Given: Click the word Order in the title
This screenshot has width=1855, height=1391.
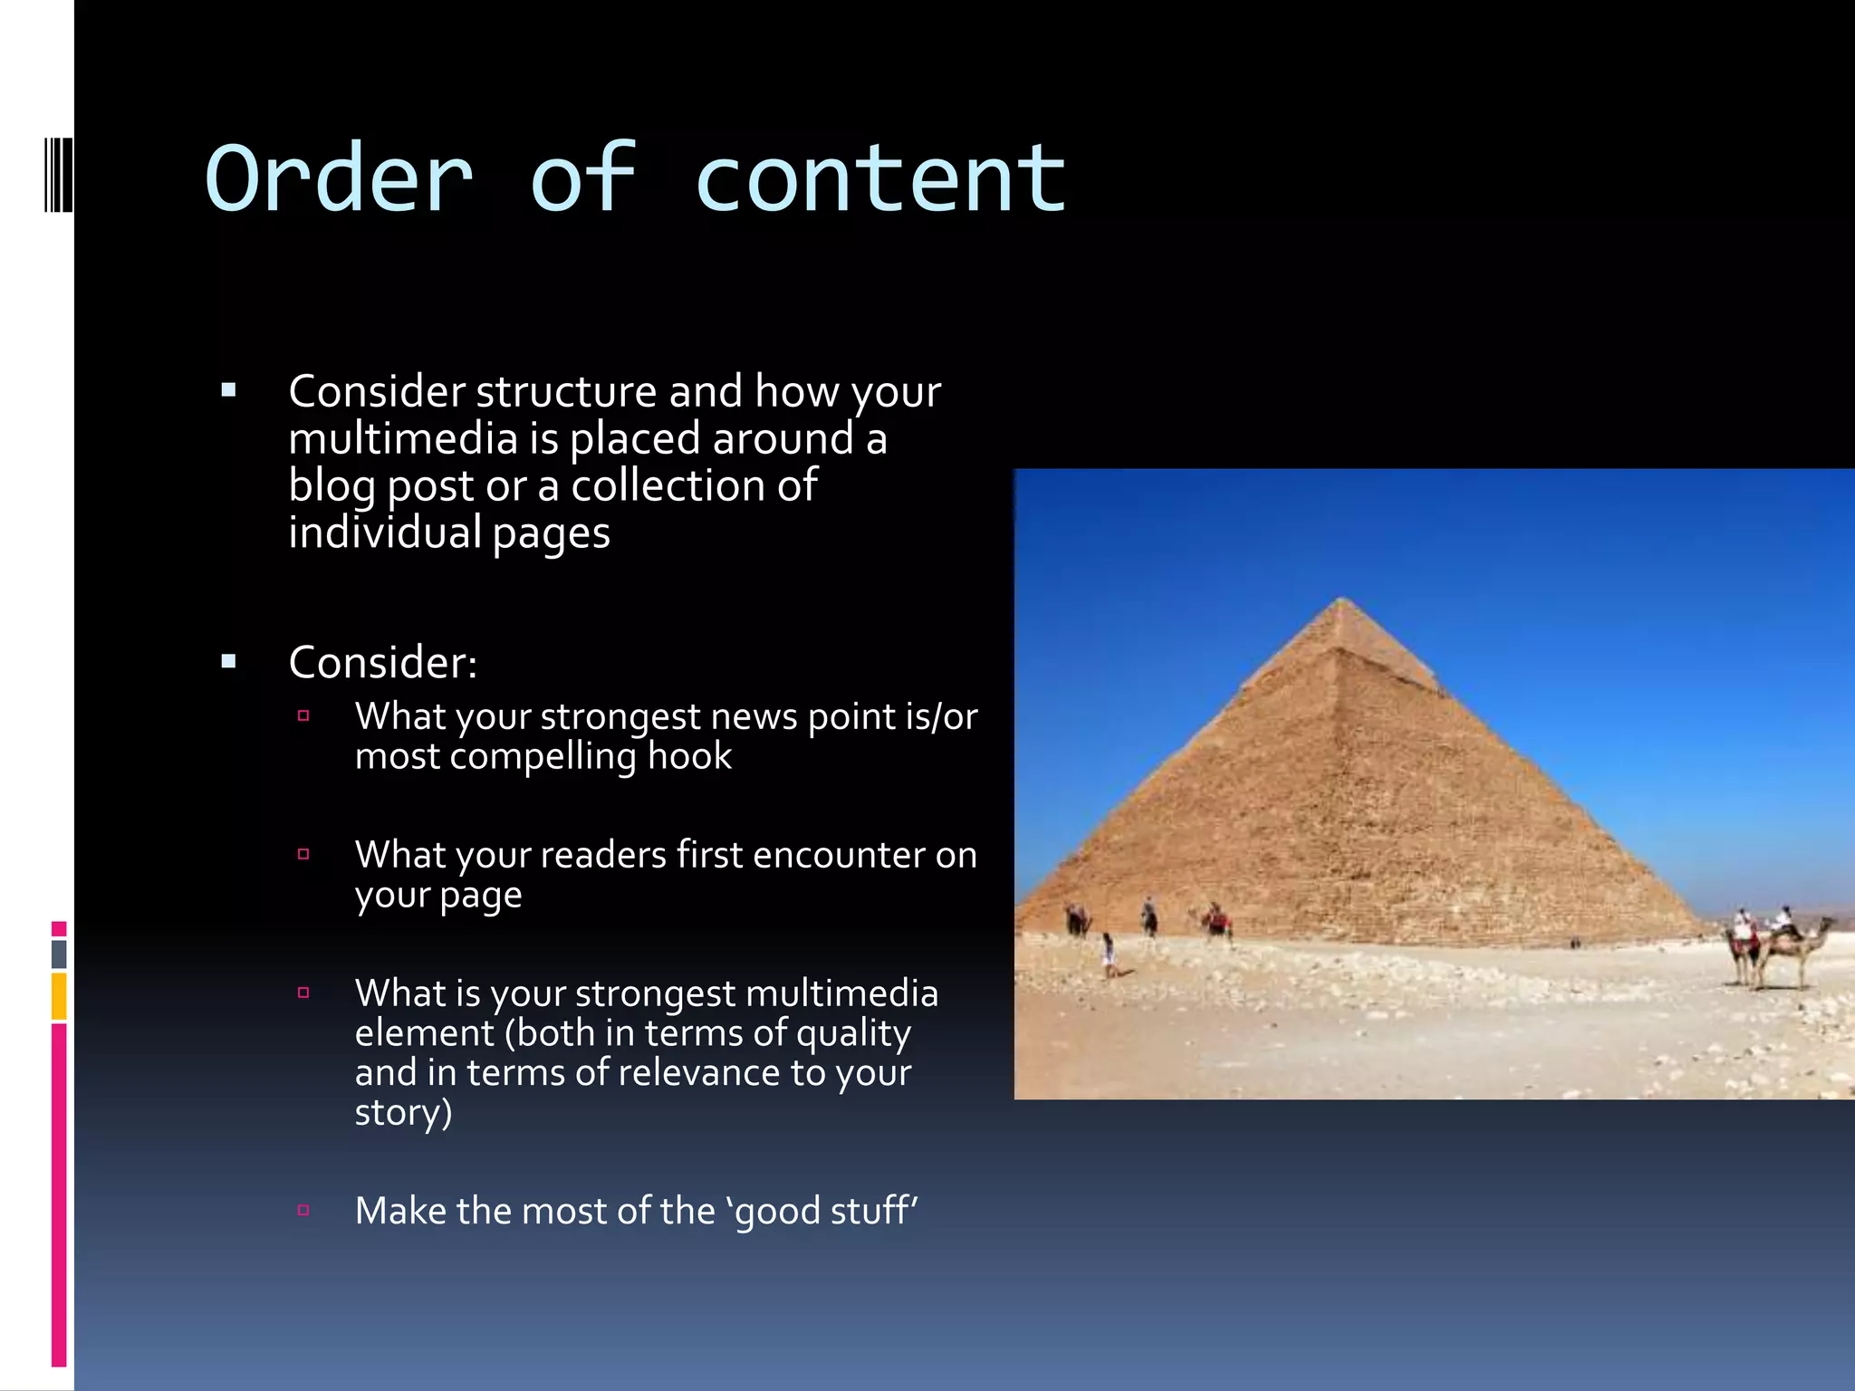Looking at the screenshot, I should [339, 178].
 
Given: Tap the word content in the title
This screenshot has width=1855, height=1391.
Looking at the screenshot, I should [880, 178].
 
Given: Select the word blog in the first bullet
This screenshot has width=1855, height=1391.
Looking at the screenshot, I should [331, 486].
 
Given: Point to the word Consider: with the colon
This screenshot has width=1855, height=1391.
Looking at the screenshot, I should [382, 662].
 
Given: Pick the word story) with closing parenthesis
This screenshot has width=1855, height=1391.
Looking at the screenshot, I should [403, 1113].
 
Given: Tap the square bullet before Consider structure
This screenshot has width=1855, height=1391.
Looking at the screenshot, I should [228, 391].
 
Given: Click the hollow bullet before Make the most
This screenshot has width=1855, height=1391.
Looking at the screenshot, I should [303, 1210].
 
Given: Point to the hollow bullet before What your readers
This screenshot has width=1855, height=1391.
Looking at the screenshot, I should [303, 854].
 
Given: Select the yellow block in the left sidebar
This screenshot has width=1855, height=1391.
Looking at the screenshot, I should [59, 996].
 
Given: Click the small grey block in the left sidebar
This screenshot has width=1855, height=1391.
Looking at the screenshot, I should [59, 954].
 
